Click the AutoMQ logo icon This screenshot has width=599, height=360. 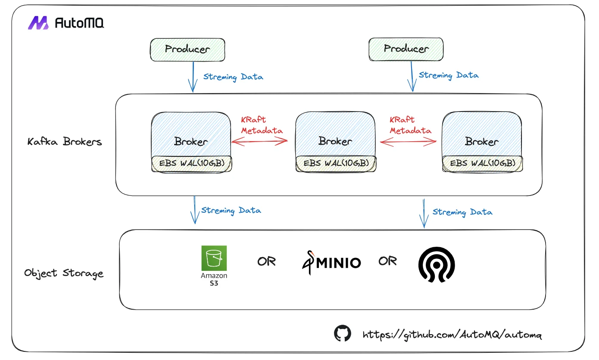pyautogui.click(x=38, y=23)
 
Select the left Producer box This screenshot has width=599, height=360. pyautogui.click(x=187, y=49)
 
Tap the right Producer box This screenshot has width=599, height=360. pyautogui.click(x=406, y=49)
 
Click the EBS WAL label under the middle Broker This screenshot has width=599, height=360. pyautogui.click(x=336, y=163)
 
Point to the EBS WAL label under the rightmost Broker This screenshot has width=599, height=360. pyautogui.click(x=482, y=163)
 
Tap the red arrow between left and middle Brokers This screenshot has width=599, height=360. pyautogui.click(x=260, y=140)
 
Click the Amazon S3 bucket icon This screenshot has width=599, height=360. pyautogui.click(x=214, y=258)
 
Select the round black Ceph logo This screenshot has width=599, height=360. pyautogui.click(x=437, y=264)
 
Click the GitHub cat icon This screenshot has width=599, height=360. pyautogui.click(x=343, y=334)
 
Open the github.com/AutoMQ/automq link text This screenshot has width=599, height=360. pyautogui.click(x=452, y=335)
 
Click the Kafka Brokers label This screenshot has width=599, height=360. pyautogui.click(x=65, y=142)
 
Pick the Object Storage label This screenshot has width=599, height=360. pyautogui.click(x=64, y=273)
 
